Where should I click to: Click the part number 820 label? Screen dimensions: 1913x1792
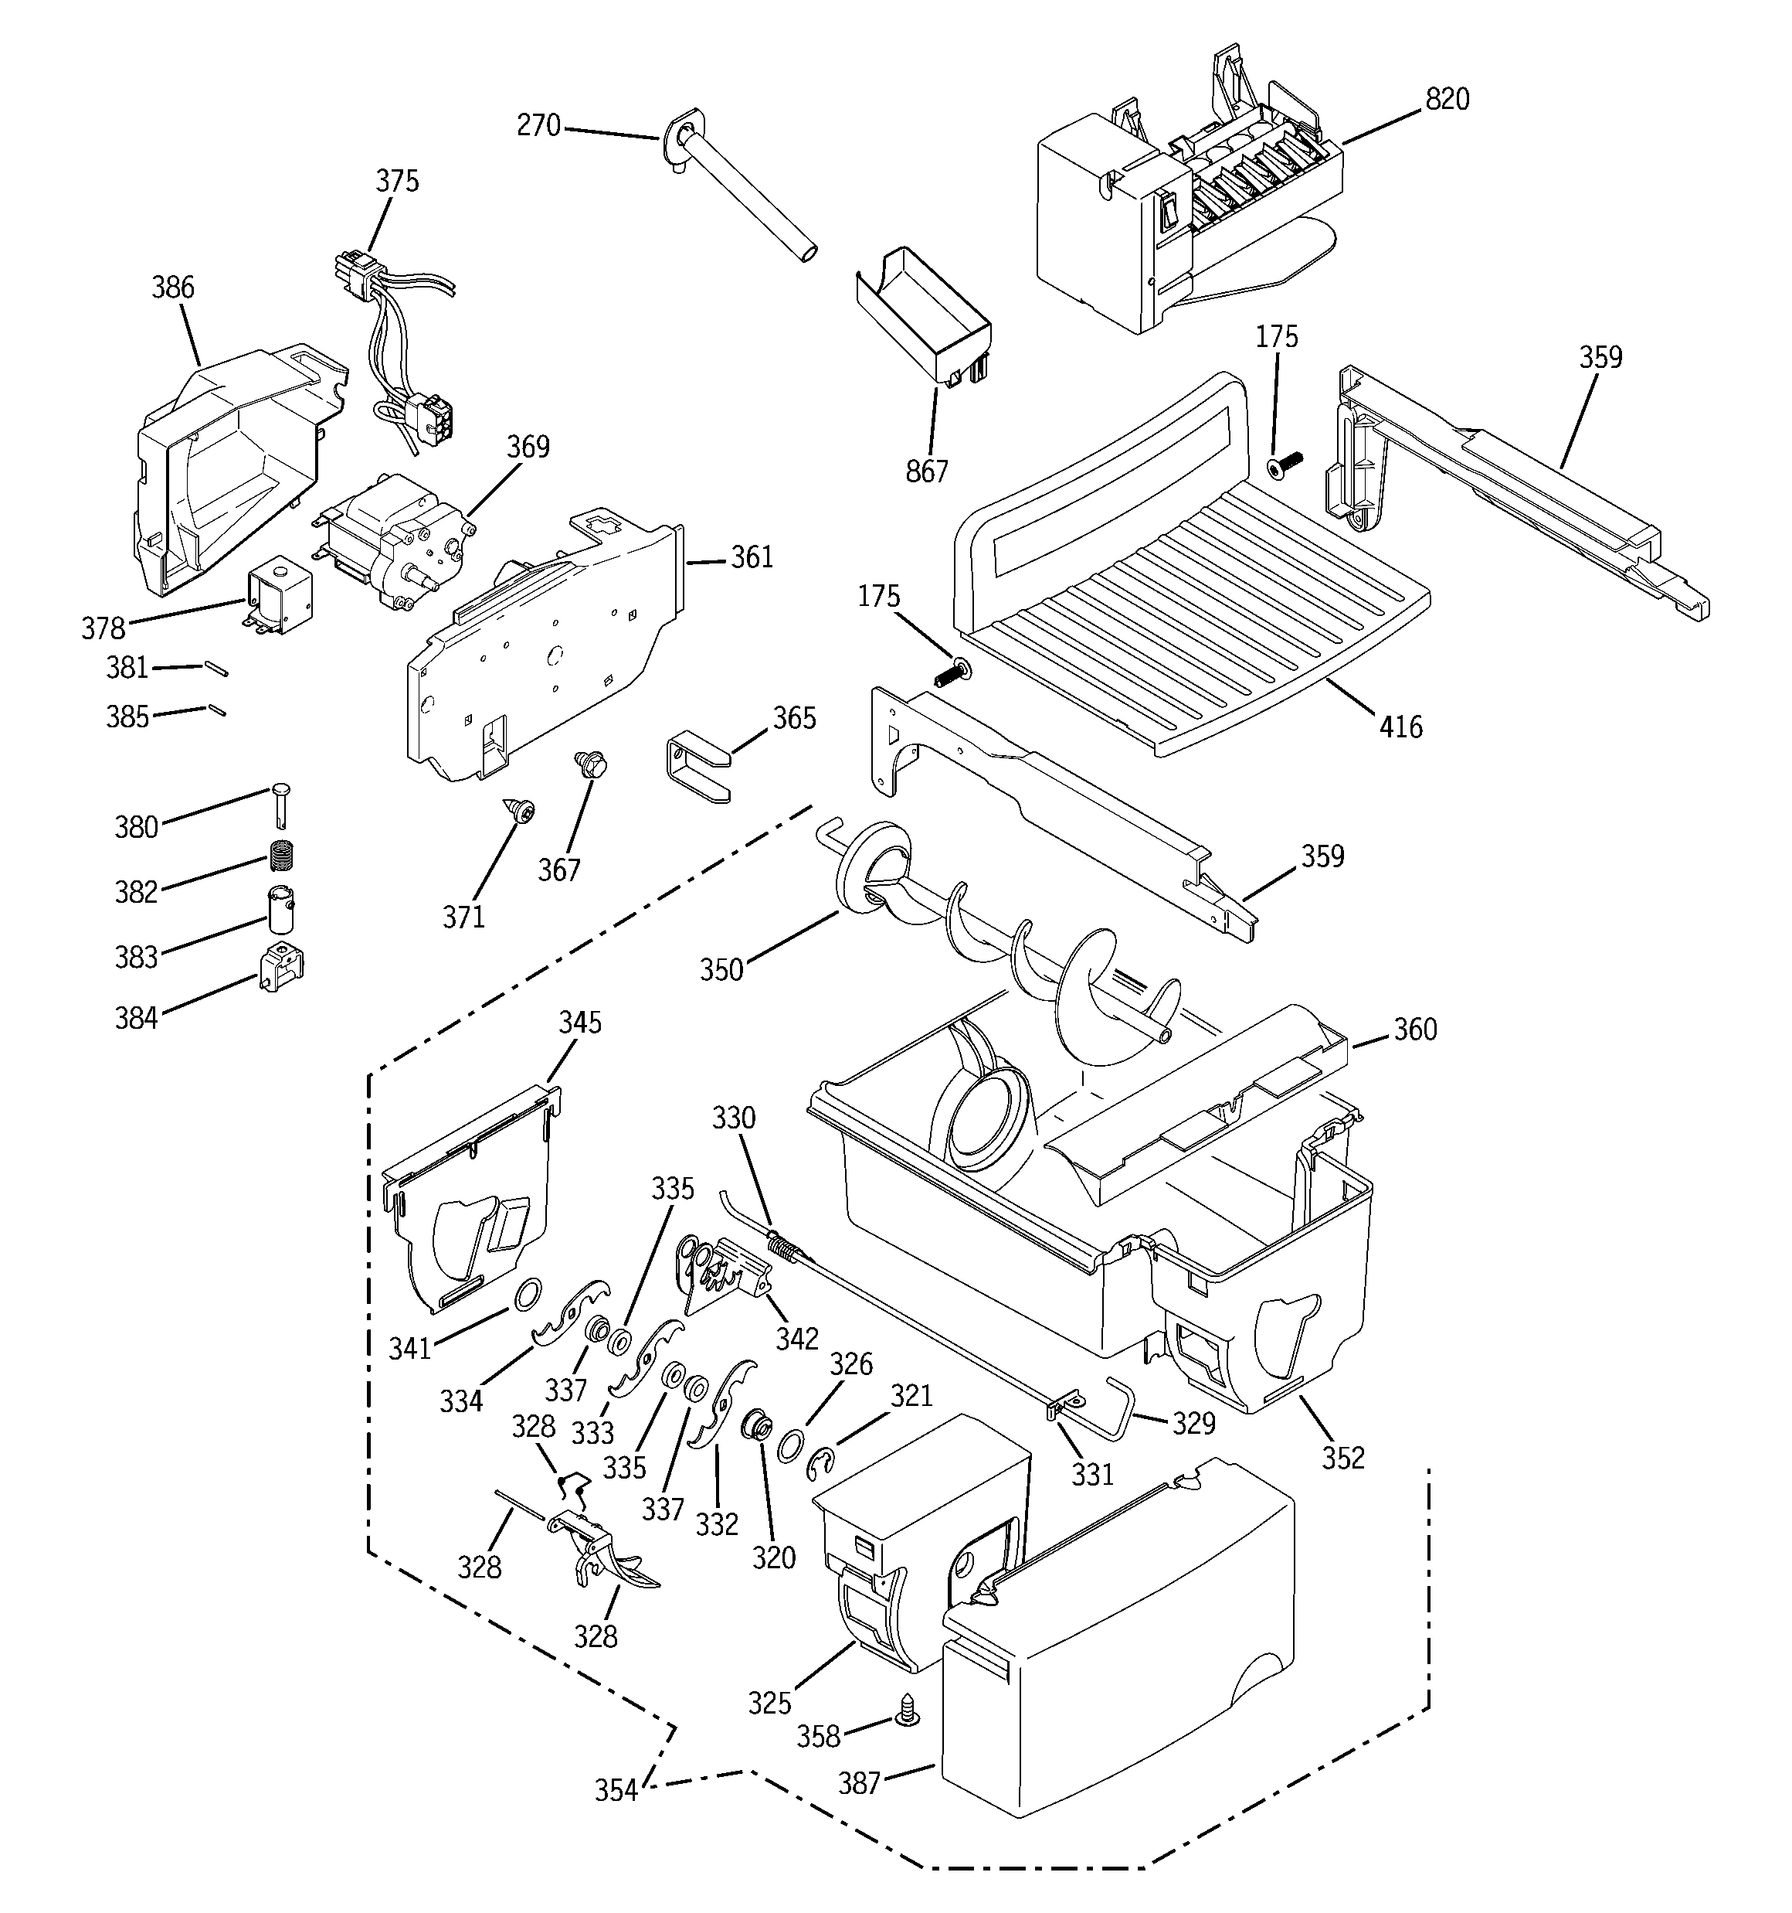[x=1447, y=99]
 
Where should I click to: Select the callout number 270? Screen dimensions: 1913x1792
[x=538, y=126]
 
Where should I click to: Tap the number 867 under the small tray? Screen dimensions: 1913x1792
[x=926, y=471]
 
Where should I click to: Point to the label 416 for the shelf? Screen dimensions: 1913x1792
[x=1400, y=727]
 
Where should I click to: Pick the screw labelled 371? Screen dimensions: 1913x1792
[x=523, y=813]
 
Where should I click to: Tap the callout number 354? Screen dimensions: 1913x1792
[x=616, y=1791]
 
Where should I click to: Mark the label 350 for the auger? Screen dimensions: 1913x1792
[x=721, y=970]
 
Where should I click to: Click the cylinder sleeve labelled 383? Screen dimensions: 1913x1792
[x=280, y=909]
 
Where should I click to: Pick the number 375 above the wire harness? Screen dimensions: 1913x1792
[x=397, y=181]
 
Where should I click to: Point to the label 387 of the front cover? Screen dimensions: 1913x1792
[x=859, y=1784]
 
